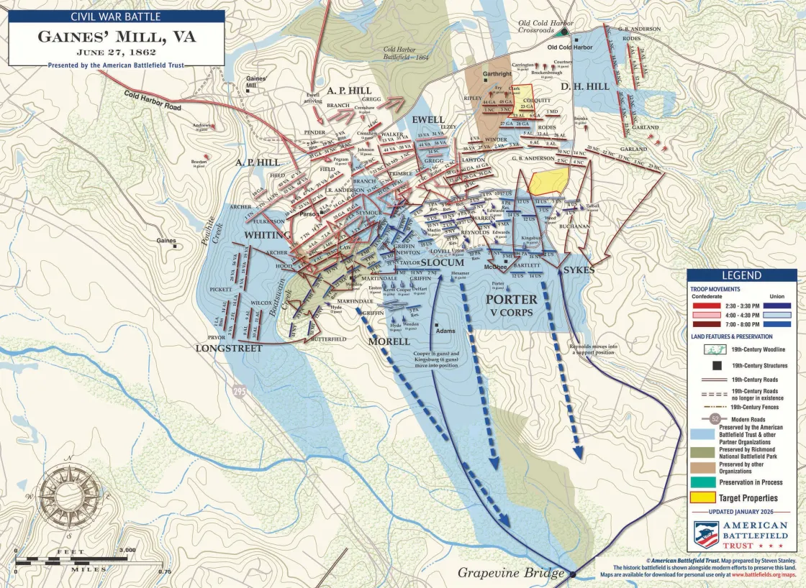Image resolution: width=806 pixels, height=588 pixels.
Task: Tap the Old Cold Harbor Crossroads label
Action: [x=546, y=27]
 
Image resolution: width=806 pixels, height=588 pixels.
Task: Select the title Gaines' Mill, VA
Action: [x=116, y=36]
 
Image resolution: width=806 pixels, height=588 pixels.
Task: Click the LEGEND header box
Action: [x=741, y=276]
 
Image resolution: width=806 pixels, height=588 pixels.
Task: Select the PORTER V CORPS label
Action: [x=511, y=305]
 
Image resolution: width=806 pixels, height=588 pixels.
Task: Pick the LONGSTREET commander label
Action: [x=228, y=348]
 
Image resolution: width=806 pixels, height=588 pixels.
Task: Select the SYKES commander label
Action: [x=579, y=270]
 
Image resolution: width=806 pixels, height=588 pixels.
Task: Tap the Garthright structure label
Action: [x=497, y=74]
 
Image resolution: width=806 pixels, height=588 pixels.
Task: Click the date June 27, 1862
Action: [x=116, y=52]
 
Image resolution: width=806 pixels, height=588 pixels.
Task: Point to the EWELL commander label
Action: [x=429, y=119]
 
